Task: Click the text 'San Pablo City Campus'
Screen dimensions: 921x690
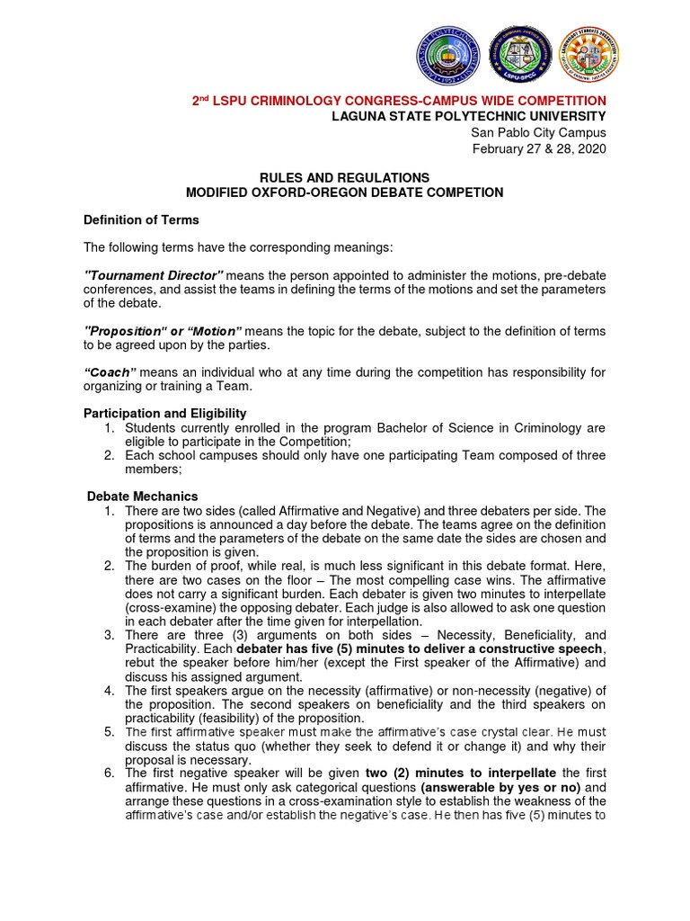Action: tap(539, 132)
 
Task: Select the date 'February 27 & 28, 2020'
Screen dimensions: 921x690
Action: tap(539, 148)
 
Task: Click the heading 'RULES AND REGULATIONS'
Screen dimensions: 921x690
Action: tap(344, 178)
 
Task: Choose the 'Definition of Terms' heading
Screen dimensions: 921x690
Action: tap(141, 219)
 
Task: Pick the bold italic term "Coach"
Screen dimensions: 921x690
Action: tap(110, 372)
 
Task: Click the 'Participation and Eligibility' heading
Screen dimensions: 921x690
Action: tap(164, 413)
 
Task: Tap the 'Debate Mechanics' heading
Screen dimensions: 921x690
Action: tap(143, 496)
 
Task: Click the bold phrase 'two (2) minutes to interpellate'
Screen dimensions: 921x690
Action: tap(461, 773)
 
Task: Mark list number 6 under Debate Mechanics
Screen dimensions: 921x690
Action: tap(108, 773)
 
